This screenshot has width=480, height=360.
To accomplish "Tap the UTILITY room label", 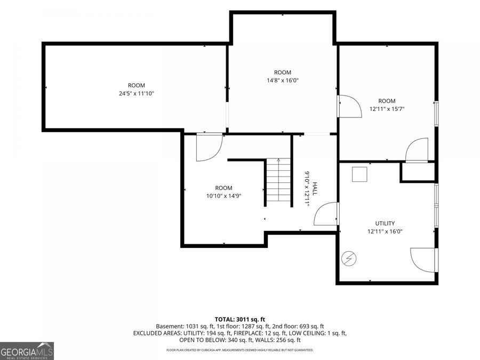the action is coord(385,223).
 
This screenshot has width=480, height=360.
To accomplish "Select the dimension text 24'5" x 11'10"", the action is coord(136,93).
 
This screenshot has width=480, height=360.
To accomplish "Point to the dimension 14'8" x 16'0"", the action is coord(283,81).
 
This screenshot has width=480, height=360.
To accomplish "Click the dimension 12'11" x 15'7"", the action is coord(387,109).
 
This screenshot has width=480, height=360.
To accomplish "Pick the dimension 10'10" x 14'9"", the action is coord(224,196).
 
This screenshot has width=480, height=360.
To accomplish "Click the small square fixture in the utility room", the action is coord(359,174).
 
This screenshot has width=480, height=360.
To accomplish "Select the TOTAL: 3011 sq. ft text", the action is coord(239,320).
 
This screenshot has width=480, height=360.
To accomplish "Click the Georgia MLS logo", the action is coord(27,351).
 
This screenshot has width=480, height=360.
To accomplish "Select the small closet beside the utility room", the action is coord(418,172).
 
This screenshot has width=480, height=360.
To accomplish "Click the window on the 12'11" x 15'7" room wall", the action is coord(436,113).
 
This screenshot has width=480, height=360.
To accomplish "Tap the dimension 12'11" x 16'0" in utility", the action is coord(385,232).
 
